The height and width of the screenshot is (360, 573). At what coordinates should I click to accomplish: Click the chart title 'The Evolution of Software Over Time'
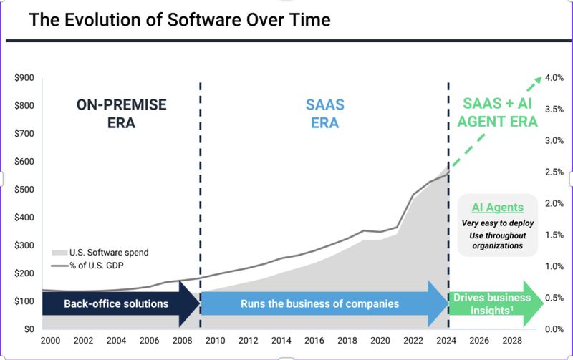[179, 20]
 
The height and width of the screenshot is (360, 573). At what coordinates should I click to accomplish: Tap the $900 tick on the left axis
[24, 78]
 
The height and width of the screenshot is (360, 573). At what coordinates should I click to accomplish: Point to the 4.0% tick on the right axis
[555, 78]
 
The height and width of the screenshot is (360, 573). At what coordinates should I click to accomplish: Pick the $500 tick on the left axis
[24, 190]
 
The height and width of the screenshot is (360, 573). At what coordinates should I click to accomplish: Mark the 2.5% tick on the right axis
[555, 172]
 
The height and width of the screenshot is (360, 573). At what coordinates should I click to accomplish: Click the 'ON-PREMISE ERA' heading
[121, 113]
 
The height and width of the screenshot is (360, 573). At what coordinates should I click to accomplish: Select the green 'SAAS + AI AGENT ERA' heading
[492, 113]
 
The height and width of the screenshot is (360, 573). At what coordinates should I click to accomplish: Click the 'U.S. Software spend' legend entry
[107, 252]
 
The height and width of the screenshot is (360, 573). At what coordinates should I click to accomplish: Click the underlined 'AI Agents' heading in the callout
[497, 208]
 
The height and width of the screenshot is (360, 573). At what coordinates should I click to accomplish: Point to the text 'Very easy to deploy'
[497, 223]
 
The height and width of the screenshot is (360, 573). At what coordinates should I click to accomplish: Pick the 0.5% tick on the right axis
[555, 298]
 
